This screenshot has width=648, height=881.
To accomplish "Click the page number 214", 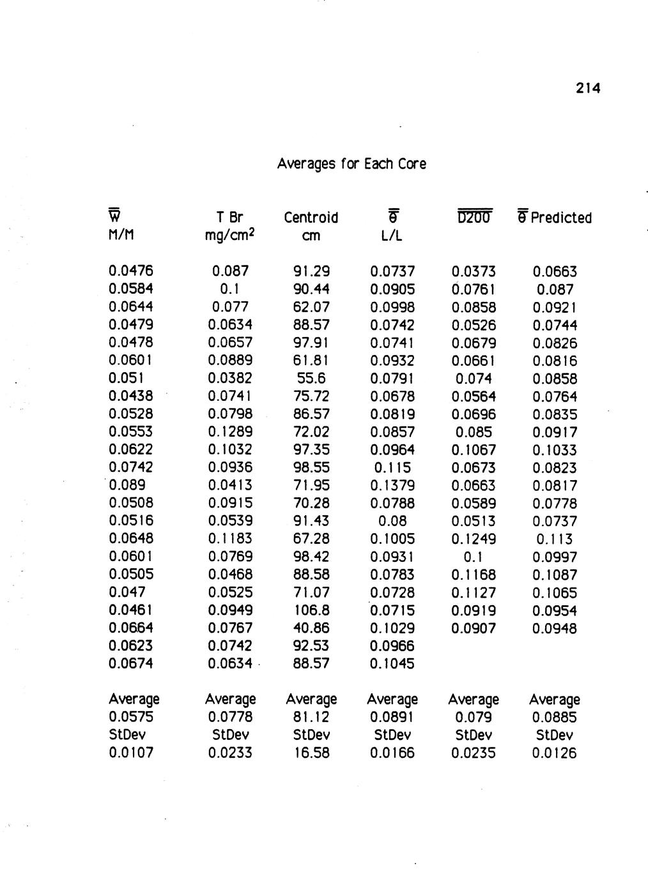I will [587, 89].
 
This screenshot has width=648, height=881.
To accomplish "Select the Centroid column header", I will [311, 218].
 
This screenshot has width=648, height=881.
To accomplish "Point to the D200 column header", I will [474, 218].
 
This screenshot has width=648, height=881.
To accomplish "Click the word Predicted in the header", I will [561, 218].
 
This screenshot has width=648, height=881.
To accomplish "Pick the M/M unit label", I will [123, 236].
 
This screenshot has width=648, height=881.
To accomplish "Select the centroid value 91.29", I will [311, 271].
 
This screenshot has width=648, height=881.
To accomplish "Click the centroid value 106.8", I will [311, 610].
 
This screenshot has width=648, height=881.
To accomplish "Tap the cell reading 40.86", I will [311, 628].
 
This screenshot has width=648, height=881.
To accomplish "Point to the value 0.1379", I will [392, 486].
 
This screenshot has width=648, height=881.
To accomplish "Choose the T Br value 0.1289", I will [230, 432].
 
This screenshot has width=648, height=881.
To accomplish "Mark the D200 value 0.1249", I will [474, 539].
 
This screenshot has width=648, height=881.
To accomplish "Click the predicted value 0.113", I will [555, 539].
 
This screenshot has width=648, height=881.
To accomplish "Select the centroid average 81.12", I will [311, 717].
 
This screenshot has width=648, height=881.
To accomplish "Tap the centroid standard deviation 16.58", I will [311, 753].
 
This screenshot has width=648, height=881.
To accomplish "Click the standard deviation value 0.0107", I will [132, 753].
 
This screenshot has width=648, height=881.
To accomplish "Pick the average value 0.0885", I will [555, 717].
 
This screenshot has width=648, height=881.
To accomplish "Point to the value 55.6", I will [311, 379].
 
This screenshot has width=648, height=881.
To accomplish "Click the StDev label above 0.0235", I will [474, 735].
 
